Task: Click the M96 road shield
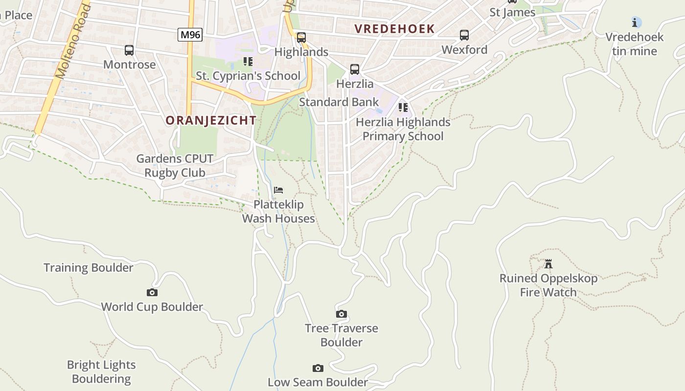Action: [x=190, y=35]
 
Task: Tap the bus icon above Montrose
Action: [x=129, y=50]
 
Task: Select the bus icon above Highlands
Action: [x=301, y=38]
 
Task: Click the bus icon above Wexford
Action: [x=464, y=35]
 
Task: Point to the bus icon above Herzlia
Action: [x=355, y=69]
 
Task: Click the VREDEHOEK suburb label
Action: [x=394, y=29]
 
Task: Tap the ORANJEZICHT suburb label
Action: [x=211, y=120]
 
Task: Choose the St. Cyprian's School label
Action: [x=248, y=76]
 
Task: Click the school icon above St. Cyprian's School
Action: [x=248, y=62]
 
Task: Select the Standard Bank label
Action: [x=339, y=102]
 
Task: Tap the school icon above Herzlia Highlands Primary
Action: [x=403, y=108]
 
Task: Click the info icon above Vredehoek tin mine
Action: [x=636, y=22]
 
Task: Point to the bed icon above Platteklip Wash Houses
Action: [x=278, y=190]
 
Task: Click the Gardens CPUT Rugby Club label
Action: [x=175, y=166]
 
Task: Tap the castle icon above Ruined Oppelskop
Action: [x=548, y=264]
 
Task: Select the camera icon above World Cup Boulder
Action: [x=152, y=293]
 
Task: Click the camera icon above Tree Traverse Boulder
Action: [x=342, y=314]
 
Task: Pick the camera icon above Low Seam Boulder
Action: [x=318, y=368]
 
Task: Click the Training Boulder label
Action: [x=89, y=268]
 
